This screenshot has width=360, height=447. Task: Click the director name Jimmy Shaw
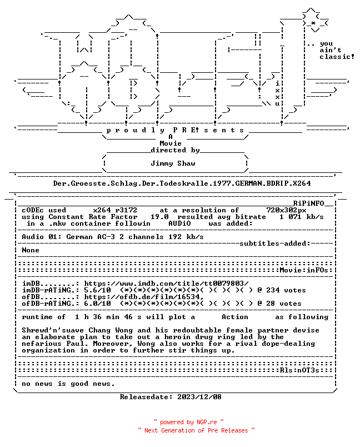pos(173,163)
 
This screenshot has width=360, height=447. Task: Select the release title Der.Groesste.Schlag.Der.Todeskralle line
pos(182,183)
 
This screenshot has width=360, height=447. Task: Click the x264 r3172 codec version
pos(115,210)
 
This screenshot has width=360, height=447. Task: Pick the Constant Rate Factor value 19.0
pos(159,217)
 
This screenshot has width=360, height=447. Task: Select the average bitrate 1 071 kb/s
pos(302,217)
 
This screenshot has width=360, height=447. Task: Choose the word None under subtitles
pos(31,250)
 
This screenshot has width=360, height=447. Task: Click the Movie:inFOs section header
pos(304,270)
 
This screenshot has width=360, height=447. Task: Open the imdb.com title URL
pos(166,284)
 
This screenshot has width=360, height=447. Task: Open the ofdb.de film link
pos(144,297)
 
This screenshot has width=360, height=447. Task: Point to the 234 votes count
pos(286,290)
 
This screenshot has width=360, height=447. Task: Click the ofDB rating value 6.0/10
pos(97,304)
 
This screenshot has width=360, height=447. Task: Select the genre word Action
pos(235,317)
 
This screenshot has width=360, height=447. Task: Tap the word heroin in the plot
pos(177,337)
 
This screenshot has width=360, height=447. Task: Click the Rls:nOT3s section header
pos(299,370)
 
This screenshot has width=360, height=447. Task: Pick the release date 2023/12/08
pos(199,397)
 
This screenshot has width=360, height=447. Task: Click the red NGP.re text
pos(207,422)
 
